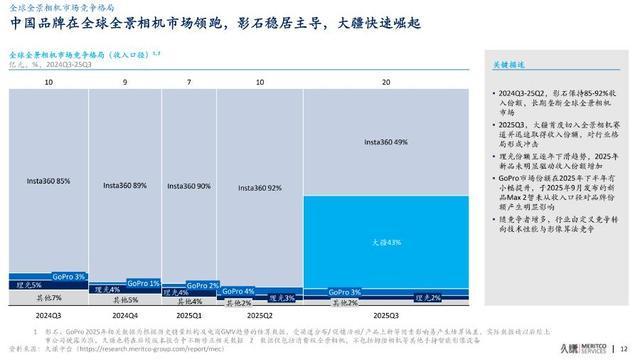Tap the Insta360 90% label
tap(190, 186)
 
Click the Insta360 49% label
tap(384, 142)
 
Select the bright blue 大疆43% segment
tap(384, 243)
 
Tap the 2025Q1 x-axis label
tap(190, 313)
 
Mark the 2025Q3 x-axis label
tap(384, 313)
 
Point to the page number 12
tap(625, 346)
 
